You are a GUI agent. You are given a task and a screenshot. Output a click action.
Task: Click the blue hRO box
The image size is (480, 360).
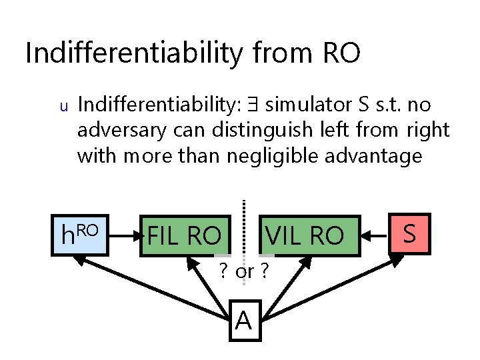[x=80, y=235]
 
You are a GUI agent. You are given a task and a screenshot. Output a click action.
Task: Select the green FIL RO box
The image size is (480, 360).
[x=184, y=235]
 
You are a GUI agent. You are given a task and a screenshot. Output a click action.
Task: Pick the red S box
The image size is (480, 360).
[x=410, y=234]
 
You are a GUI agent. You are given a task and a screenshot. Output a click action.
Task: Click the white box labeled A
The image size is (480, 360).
[x=244, y=321]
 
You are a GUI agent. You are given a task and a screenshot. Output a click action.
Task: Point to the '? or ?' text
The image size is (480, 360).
[x=244, y=272]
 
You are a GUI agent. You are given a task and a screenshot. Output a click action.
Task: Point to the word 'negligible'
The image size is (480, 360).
[x=279, y=156]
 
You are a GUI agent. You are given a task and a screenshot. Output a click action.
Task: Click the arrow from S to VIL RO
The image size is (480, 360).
[x=375, y=235]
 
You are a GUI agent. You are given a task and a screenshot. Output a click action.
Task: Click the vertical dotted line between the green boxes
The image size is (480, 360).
[x=244, y=227]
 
